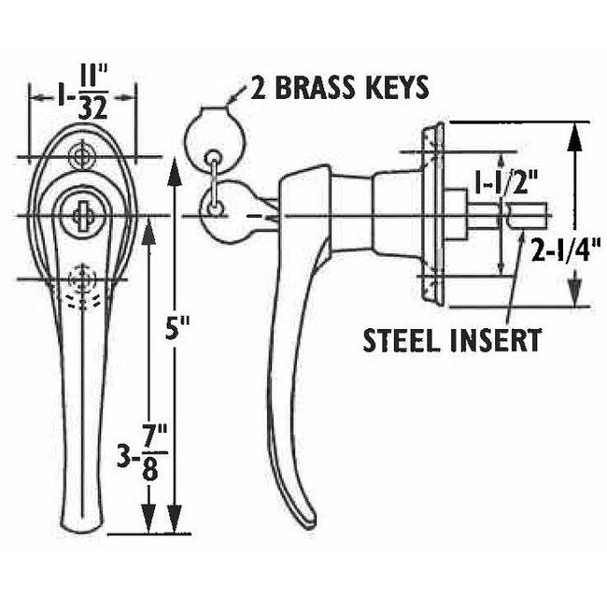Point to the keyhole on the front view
[x=78, y=215]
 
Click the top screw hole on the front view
[x=84, y=151]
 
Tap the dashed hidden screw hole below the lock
[x=84, y=278]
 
